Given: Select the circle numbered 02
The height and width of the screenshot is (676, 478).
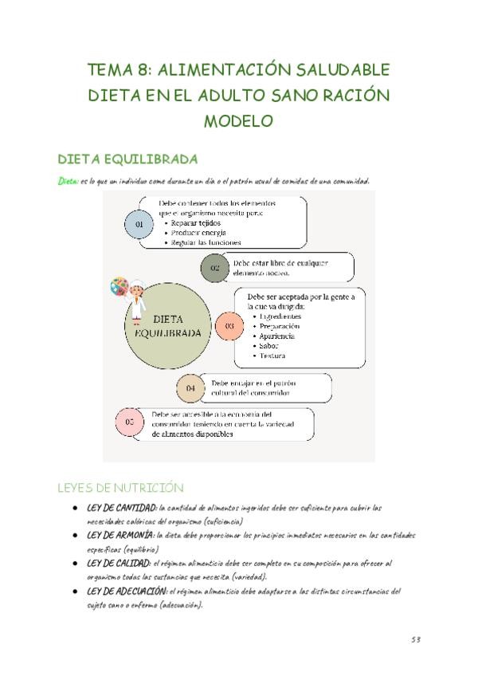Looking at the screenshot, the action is (x=215, y=268).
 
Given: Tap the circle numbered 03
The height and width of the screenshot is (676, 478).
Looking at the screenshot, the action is (x=229, y=326).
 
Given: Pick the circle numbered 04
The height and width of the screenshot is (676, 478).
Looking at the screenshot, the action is (x=190, y=388).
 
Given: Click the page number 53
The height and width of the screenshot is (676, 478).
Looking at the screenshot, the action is (x=416, y=639).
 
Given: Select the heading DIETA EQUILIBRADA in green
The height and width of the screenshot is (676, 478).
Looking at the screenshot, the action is (x=128, y=159).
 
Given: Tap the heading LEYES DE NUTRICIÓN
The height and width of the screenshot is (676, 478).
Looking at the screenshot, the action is (x=119, y=487).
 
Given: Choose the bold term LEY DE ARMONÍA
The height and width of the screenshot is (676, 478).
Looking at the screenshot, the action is (x=120, y=536).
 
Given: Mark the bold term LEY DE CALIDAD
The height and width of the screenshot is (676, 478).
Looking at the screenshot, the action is (x=119, y=564).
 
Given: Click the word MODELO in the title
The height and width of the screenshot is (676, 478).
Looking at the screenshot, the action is (x=238, y=121).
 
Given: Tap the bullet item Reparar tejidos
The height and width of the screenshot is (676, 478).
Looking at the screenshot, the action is (x=197, y=223).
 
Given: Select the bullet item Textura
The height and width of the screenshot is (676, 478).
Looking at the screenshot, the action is (x=272, y=356).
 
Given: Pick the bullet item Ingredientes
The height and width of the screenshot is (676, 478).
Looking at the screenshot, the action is (x=281, y=316).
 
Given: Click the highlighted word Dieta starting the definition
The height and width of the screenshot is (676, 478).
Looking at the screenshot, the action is (x=68, y=181).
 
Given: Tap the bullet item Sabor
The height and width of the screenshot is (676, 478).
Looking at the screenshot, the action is (x=270, y=346).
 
